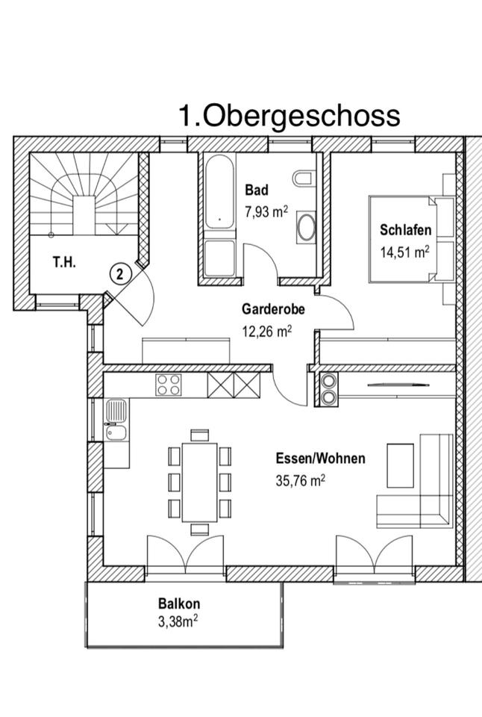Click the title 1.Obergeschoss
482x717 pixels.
(x=289, y=116)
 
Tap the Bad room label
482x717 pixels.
(x=256, y=190)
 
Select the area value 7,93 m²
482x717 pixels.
(x=266, y=211)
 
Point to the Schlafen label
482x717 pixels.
(x=405, y=229)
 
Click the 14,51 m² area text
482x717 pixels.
(x=404, y=252)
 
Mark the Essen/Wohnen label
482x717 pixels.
(x=320, y=459)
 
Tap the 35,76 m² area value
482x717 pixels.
(x=300, y=481)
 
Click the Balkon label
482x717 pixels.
(x=179, y=603)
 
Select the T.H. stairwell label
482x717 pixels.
(x=63, y=262)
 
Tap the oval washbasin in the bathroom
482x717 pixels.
(x=307, y=226)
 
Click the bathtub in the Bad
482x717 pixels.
(x=219, y=193)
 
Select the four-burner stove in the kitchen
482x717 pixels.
(x=168, y=385)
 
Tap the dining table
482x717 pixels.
(x=200, y=481)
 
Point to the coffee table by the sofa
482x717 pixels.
(x=400, y=465)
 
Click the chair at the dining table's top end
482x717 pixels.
(x=200, y=435)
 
